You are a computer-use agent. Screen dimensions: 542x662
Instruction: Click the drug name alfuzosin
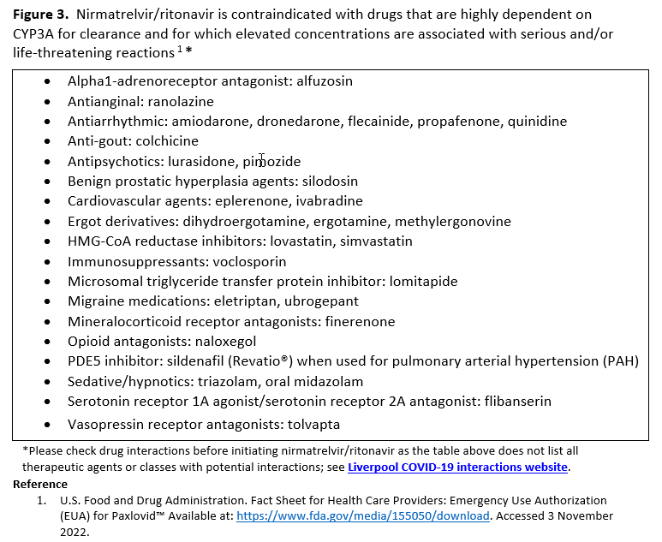(x=325, y=81)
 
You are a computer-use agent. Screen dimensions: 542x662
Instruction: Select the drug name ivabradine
(x=331, y=201)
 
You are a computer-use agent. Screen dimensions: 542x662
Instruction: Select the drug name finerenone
(x=360, y=321)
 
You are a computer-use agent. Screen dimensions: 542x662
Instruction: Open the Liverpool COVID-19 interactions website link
(x=457, y=468)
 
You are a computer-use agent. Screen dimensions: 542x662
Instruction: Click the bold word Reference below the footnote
(x=39, y=485)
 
